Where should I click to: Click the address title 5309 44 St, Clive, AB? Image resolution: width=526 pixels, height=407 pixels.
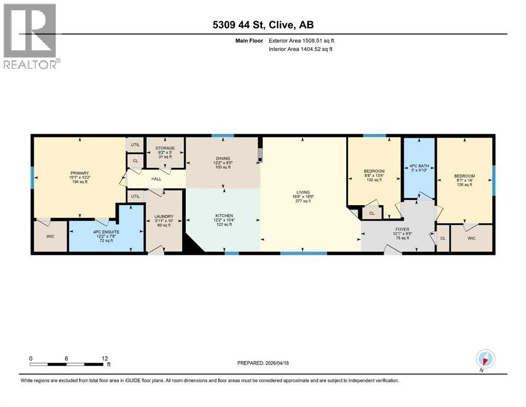coord(263,25)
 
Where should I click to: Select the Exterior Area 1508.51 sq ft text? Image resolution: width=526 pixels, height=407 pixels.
coord(301,40)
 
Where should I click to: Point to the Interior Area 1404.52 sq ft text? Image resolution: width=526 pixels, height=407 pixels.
coord(301,49)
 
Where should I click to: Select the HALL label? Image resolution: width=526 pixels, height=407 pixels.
coord(156,179)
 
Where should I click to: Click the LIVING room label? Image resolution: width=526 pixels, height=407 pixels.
coord(303,196)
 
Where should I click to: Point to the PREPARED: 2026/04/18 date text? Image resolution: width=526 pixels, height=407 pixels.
coord(263,363)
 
